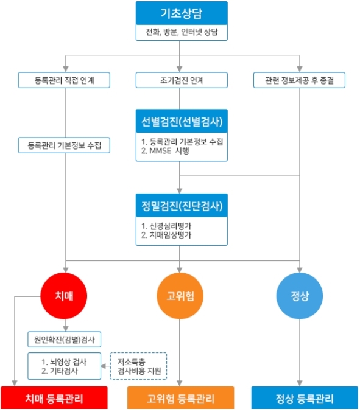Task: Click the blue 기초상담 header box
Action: [x=182, y=13]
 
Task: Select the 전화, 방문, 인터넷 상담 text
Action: [x=182, y=32]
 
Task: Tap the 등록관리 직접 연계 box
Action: [x=64, y=80]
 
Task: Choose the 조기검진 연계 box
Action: [x=182, y=80]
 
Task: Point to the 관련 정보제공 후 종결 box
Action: [x=299, y=80]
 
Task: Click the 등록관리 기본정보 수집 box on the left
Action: [x=64, y=145]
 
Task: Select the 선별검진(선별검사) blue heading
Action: [x=182, y=121]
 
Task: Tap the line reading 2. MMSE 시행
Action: [x=165, y=151]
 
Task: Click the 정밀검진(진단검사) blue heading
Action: [x=182, y=206]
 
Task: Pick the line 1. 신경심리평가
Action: [x=166, y=226]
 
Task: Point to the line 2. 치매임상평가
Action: [x=166, y=235]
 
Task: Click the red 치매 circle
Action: [x=64, y=296]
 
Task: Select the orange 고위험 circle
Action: [x=180, y=296]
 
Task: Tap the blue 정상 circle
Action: [x=300, y=296]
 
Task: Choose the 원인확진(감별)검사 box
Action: [x=65, y=340]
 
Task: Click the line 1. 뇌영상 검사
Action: [x=64, y=362]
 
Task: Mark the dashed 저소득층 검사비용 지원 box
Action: [x=138, y=366]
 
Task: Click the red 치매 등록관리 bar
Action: [x=54, y=398]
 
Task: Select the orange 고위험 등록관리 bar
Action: [x=181, y=398]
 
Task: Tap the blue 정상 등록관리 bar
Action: [x=305, y=398]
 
